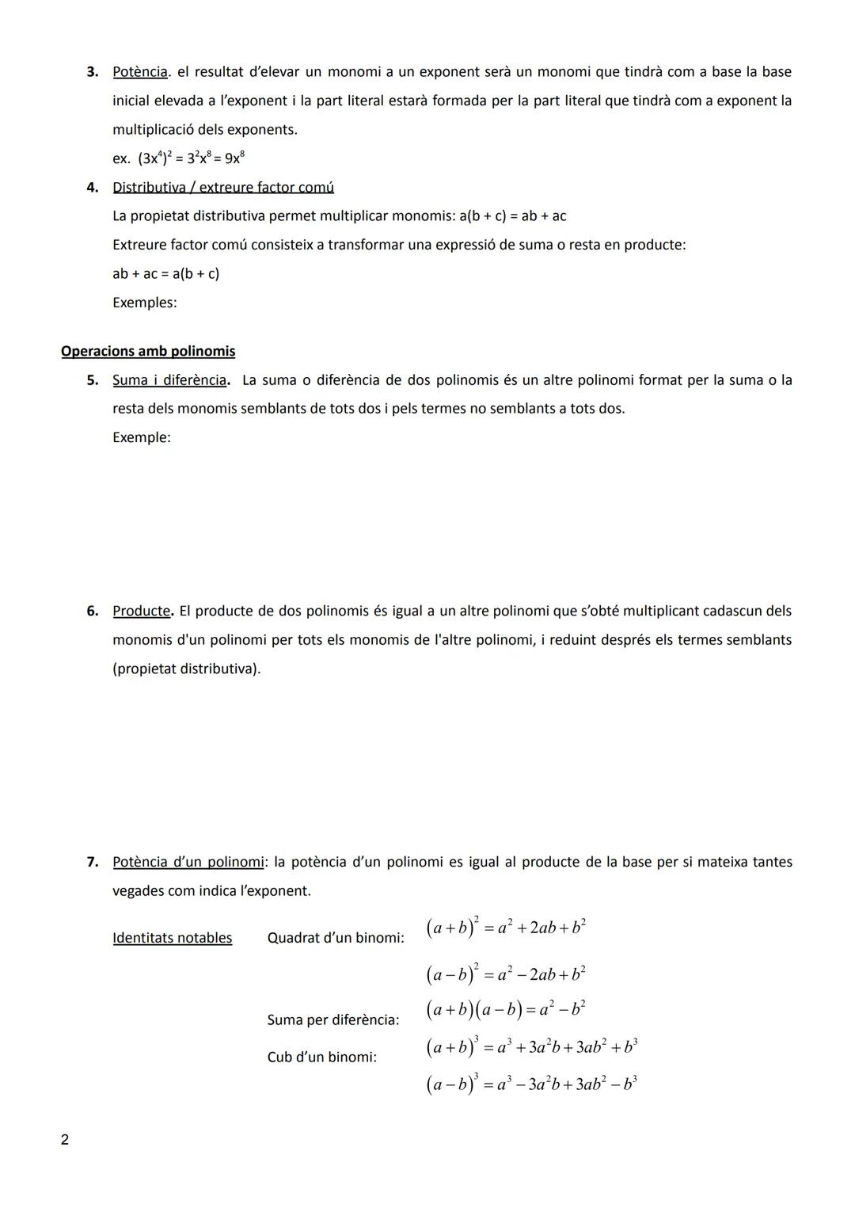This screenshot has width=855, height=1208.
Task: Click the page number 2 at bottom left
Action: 65,1140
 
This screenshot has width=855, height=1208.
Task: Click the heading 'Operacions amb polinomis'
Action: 148,351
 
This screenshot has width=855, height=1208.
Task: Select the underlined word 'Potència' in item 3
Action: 140,72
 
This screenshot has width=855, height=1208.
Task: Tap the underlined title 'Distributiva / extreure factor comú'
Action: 223,188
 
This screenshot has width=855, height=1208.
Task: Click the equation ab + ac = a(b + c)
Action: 166,274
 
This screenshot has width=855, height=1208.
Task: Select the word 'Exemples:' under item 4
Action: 145,303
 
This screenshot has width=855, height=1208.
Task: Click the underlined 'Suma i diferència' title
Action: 169,380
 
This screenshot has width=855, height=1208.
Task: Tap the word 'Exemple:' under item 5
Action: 142,437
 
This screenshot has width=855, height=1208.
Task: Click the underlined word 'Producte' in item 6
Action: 141,612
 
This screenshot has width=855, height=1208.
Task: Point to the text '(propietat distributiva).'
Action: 187,669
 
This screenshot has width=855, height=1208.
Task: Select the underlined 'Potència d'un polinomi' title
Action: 188,862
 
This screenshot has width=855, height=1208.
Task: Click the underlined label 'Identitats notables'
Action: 173,938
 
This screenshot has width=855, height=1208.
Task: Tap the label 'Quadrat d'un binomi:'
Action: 336,938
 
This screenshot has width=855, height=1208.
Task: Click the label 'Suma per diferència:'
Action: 333,1020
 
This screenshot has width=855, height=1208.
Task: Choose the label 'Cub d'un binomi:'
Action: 322,1057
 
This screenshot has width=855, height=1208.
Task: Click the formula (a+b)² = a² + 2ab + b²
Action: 506,928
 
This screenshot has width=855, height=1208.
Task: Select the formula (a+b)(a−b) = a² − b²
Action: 506,1010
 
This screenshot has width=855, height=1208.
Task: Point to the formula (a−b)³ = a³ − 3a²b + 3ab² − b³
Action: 531,1084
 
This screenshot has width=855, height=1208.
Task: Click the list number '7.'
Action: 93,862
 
